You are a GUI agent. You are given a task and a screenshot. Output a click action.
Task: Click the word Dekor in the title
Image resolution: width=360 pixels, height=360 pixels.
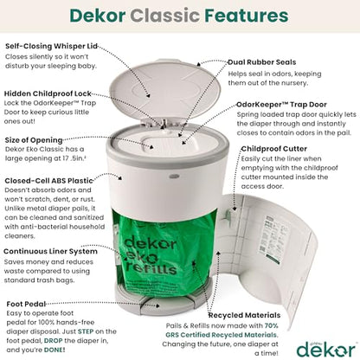[x=111, y=17]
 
